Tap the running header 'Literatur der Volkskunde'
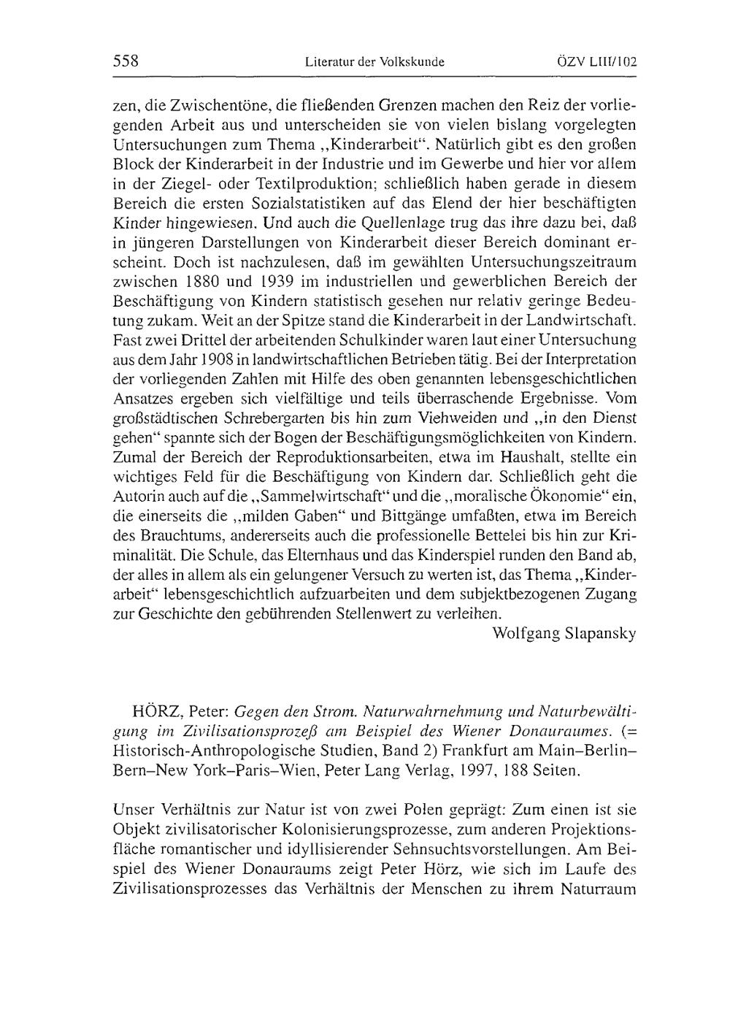click(374, 62)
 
